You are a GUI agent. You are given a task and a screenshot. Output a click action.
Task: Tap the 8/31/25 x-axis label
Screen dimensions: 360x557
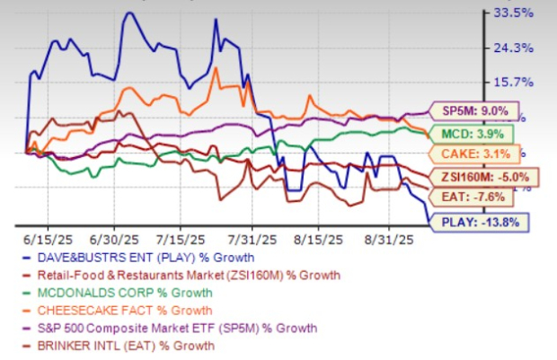pos(388,240)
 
